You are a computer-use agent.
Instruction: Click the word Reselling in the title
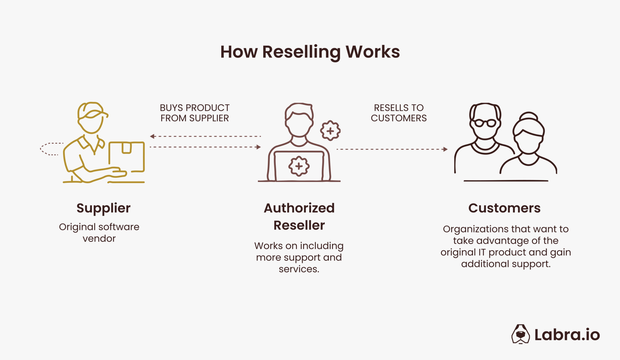(301, 52)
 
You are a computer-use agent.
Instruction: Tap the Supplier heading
(103, 208)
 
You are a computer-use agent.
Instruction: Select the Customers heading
(504, 208)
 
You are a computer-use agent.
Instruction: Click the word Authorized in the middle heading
(299, 208)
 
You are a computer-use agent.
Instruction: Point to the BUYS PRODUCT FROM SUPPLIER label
(194, 113)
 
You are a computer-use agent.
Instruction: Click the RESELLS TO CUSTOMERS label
(398, 113)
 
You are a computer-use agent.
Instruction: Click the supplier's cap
(91, 110)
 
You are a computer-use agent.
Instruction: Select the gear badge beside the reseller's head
(330, 131)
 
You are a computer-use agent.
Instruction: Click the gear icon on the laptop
(299, 166)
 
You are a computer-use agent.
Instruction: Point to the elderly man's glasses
(485, 123)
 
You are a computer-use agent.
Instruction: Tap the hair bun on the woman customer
(528, 116)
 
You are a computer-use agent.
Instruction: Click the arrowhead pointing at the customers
(445, 149)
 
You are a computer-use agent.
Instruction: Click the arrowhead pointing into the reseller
(259, 147)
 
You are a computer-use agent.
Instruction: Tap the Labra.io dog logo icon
(520, 334)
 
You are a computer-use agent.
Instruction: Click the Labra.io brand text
(567, 335)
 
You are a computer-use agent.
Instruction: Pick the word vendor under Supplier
(99, 239)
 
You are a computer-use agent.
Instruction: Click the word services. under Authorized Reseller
(299, 269)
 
